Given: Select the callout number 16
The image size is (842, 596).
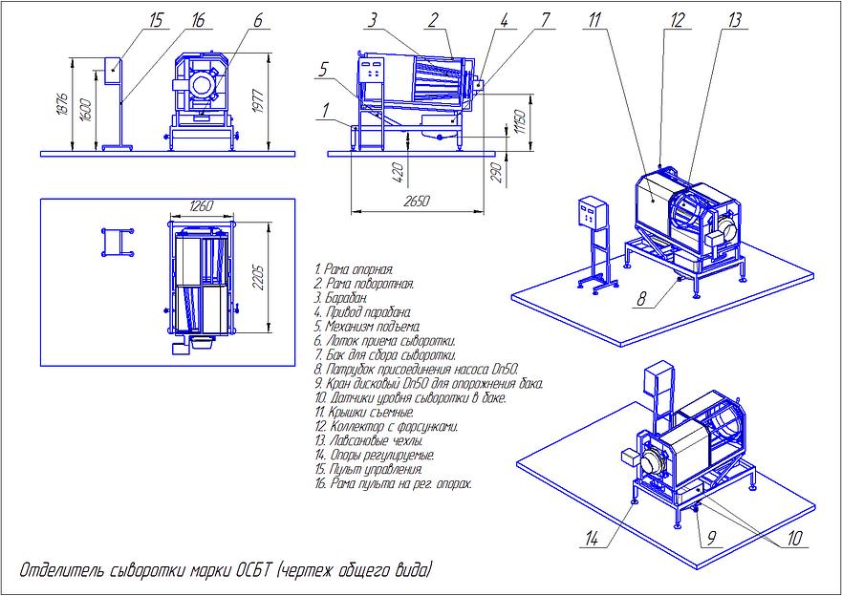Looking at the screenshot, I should click(198, 19).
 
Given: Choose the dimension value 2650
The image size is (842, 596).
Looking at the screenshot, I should click(418, 201).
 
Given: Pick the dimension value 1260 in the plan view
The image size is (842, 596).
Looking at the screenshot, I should click(200, 204).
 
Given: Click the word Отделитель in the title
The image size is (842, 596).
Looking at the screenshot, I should click(57, 571).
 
